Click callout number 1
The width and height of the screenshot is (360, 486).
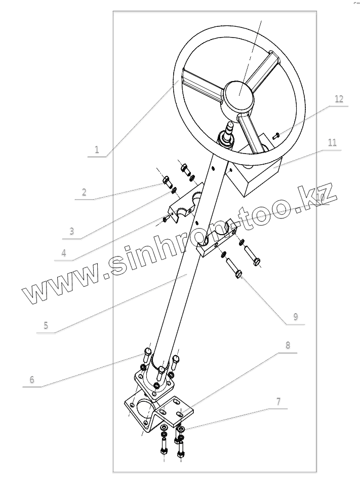click(97, 150)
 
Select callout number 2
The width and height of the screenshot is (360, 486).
click(84, 192)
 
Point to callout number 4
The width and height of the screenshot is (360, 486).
click(64, 253)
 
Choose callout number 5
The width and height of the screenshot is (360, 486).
click(46, 325)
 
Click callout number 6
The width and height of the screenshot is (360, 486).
click(32, 380)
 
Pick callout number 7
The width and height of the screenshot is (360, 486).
click(278, 402)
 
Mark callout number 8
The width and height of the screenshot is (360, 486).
click(288, 346)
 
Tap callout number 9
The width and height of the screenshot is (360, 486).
click(295, 317)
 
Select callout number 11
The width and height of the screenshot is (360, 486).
click(332, 143)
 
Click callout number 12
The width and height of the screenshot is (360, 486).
click(339, 99)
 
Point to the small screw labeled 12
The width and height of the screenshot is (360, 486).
click(275, 135)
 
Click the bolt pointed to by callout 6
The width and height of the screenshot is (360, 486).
click(147, 353)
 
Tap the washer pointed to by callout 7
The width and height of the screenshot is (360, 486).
click(181, 430)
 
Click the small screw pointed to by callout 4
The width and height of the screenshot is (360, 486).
click(166, 219)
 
